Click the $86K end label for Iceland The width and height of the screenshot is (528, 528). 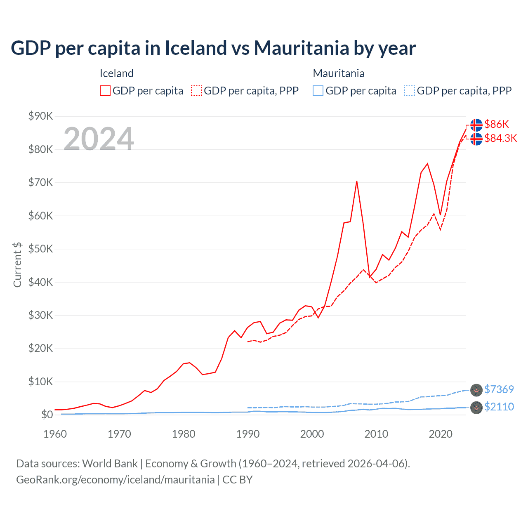tap(497, 124)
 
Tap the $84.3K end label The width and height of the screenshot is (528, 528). tap(500, 138)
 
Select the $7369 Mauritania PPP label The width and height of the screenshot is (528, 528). tap(499, 389)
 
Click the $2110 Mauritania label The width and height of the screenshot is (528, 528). tap(499, 407)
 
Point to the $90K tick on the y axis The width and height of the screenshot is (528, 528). tap(40, 116)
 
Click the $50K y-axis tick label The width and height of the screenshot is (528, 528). tap(40, 249)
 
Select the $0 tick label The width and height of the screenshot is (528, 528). tap(47, 415)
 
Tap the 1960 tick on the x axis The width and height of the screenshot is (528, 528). tap(55, 434)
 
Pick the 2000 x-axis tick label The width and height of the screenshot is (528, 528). tap(312, 434)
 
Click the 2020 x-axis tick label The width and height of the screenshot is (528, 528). tap(441, 434)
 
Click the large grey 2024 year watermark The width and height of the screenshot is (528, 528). tap(99, 139)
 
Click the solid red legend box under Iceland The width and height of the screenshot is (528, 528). tap(105, 91)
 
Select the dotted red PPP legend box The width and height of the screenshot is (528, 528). tap(196, 91)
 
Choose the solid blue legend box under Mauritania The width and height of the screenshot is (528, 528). tap(318, 91)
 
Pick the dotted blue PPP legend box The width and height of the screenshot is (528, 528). tap(410, 91)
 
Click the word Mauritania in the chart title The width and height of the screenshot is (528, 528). tap(301, 48)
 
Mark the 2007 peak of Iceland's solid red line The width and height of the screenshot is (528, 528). tap(356, 181)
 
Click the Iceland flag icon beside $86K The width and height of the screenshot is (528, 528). tap(476, 125)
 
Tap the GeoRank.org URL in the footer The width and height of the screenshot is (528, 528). tap(115, 480)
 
